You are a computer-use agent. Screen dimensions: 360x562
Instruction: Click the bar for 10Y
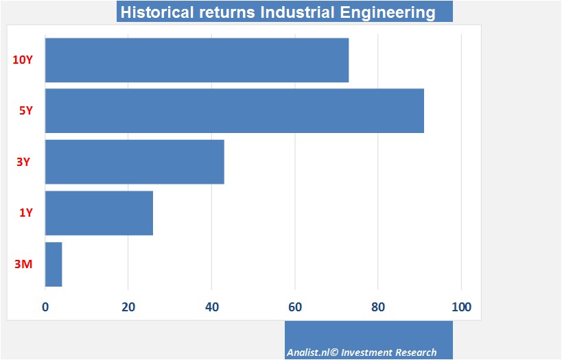tap(197, 60)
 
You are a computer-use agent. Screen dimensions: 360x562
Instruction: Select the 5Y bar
tap(234, 111)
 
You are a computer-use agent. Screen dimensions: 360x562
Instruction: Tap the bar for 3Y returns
tap(134, 162)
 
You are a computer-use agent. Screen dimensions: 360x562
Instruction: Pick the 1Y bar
tap(99, 213)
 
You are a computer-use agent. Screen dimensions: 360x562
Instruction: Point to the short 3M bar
tap(54, 264)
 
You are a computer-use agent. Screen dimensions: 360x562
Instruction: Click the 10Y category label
tap(23, 60)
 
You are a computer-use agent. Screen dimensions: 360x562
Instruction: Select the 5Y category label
tap(25, 110)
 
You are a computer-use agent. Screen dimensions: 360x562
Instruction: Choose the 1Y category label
tap(25, 213)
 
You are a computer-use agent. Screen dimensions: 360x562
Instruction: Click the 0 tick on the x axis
tap(45, 307)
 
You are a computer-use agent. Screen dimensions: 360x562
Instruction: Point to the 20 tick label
tap(128, 307)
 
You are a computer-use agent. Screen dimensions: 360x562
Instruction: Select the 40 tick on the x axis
tap(211, 307)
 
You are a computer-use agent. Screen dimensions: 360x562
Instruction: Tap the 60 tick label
tap(295, 307)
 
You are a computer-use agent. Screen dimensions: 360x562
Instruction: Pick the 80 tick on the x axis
tap(378, 307)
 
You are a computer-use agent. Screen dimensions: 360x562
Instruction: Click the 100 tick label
tap(461, 307)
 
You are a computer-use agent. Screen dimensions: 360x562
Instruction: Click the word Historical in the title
tap(155, 12)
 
